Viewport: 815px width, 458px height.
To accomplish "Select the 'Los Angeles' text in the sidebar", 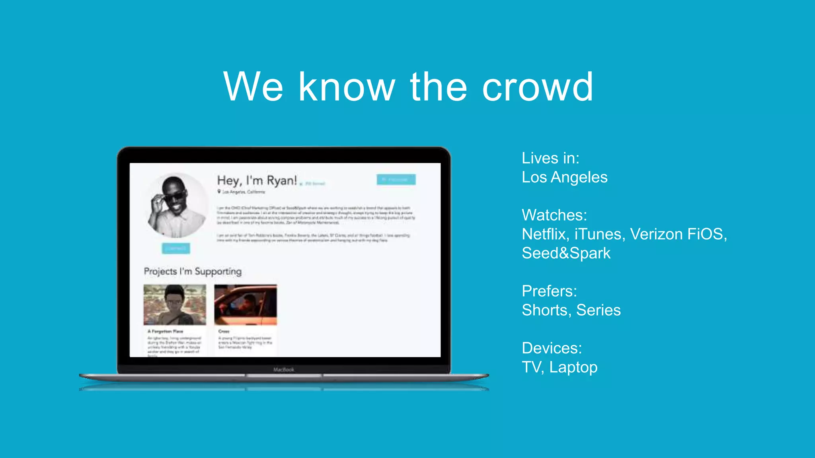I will (564, 177).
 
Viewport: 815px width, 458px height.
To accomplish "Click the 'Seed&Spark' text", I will (566, 253).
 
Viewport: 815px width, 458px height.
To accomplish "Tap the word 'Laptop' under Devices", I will (573, 367).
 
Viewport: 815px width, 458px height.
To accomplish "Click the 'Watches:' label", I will (554, 215).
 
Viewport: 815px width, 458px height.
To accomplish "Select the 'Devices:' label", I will (552, 348).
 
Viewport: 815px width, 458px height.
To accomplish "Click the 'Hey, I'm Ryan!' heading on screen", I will (257, 180).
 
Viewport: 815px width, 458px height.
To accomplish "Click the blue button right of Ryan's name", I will (396, 180).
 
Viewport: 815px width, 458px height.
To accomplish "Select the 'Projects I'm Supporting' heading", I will (193, 272).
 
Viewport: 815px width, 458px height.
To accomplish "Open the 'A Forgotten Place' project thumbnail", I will (175, 305).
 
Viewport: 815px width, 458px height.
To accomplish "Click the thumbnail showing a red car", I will (246, 305).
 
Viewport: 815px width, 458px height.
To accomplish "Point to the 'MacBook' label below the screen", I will (284, 370).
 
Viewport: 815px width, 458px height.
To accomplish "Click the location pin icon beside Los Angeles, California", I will (219, 192).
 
